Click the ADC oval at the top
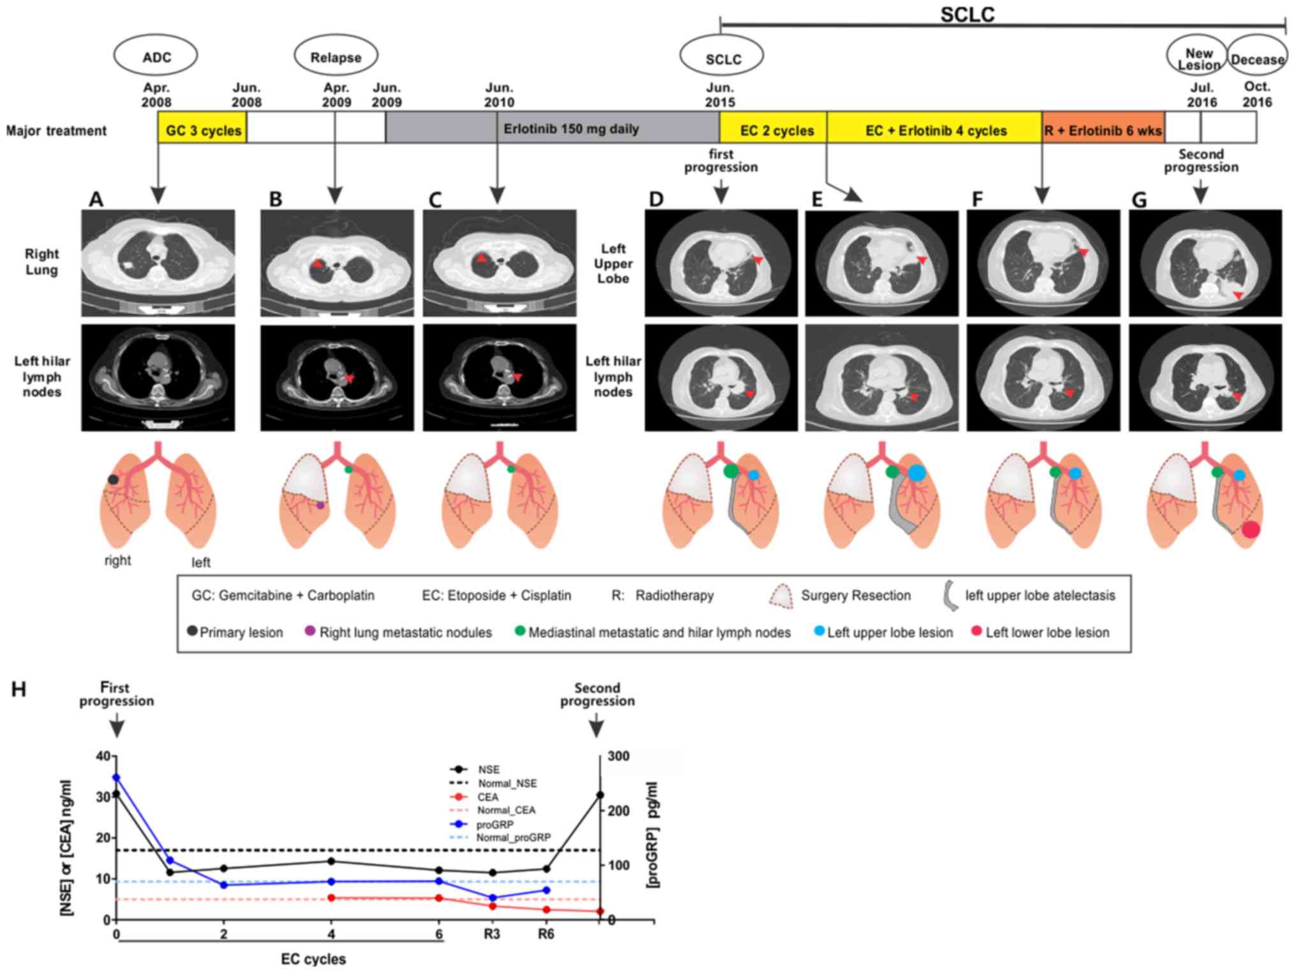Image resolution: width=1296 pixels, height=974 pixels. (156, 57)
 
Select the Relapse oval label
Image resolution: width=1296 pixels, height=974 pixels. (336, 57)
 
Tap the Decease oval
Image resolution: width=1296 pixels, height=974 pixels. (1256, 59)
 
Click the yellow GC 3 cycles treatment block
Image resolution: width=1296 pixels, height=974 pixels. (203, 130)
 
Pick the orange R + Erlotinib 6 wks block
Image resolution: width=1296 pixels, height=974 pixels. (1103, 130)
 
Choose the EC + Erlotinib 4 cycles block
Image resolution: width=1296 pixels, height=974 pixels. (935, 130)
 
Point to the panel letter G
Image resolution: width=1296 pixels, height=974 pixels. (1139, 200)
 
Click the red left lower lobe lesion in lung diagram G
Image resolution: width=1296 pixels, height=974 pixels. (1251, 529)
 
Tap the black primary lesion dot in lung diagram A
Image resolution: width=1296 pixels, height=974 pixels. (113, 480)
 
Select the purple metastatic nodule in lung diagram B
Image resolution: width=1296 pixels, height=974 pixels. (320, 505)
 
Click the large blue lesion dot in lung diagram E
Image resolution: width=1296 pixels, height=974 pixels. (916, 473)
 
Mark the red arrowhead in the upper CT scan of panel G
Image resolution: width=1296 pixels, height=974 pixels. (1237, 295)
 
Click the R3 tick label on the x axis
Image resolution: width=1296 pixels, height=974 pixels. (492, 934)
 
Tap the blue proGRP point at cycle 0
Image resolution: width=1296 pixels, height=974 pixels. (116, 777)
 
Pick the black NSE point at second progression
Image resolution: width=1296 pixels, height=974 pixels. (600, 795)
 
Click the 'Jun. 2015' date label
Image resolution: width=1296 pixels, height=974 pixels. (720, 95)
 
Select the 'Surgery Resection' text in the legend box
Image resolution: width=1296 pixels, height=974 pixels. (856, 596)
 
